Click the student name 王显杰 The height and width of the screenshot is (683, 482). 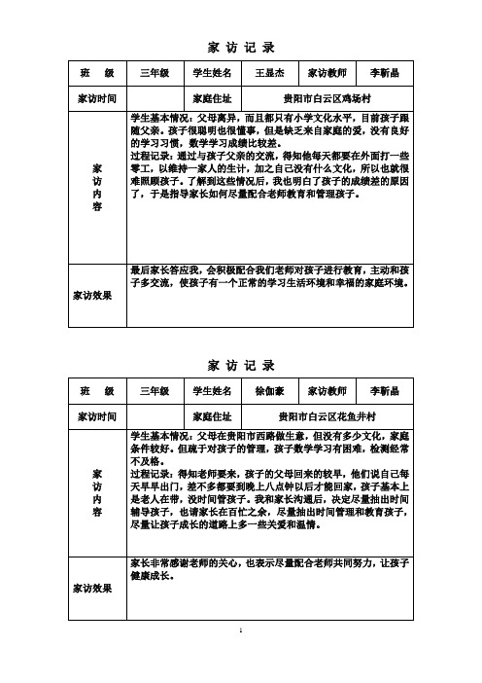pos(269,73)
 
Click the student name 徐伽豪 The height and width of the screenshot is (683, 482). pos(269,391)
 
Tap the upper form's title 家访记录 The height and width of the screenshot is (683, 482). pos(241,46)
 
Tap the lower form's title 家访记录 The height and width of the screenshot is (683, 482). pos(241,365)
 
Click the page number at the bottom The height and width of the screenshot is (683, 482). pos(241,659)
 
